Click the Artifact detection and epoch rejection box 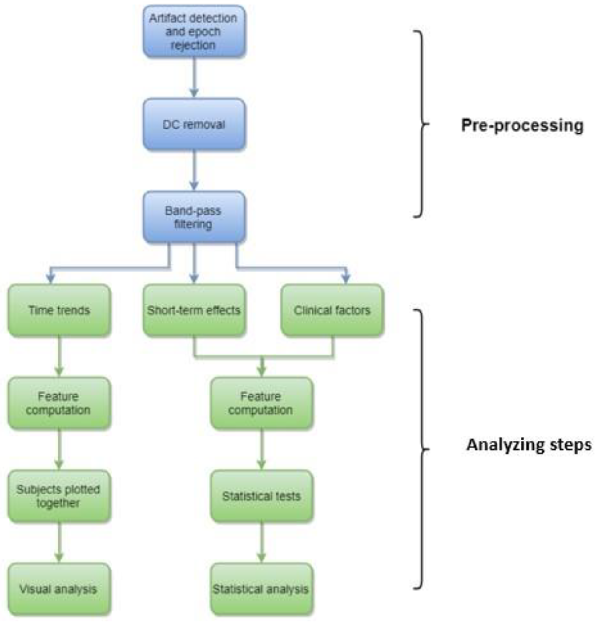194,31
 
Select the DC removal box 194,124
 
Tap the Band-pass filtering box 194,217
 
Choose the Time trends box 59,310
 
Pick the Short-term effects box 194,310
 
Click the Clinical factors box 332,310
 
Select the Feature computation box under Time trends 59,403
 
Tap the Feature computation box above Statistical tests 261,403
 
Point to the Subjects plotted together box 59,496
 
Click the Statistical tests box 261,496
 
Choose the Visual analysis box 59,589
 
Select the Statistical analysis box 261,589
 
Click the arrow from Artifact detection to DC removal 194,77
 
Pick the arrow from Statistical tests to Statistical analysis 261,542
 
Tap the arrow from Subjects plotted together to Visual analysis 59,542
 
